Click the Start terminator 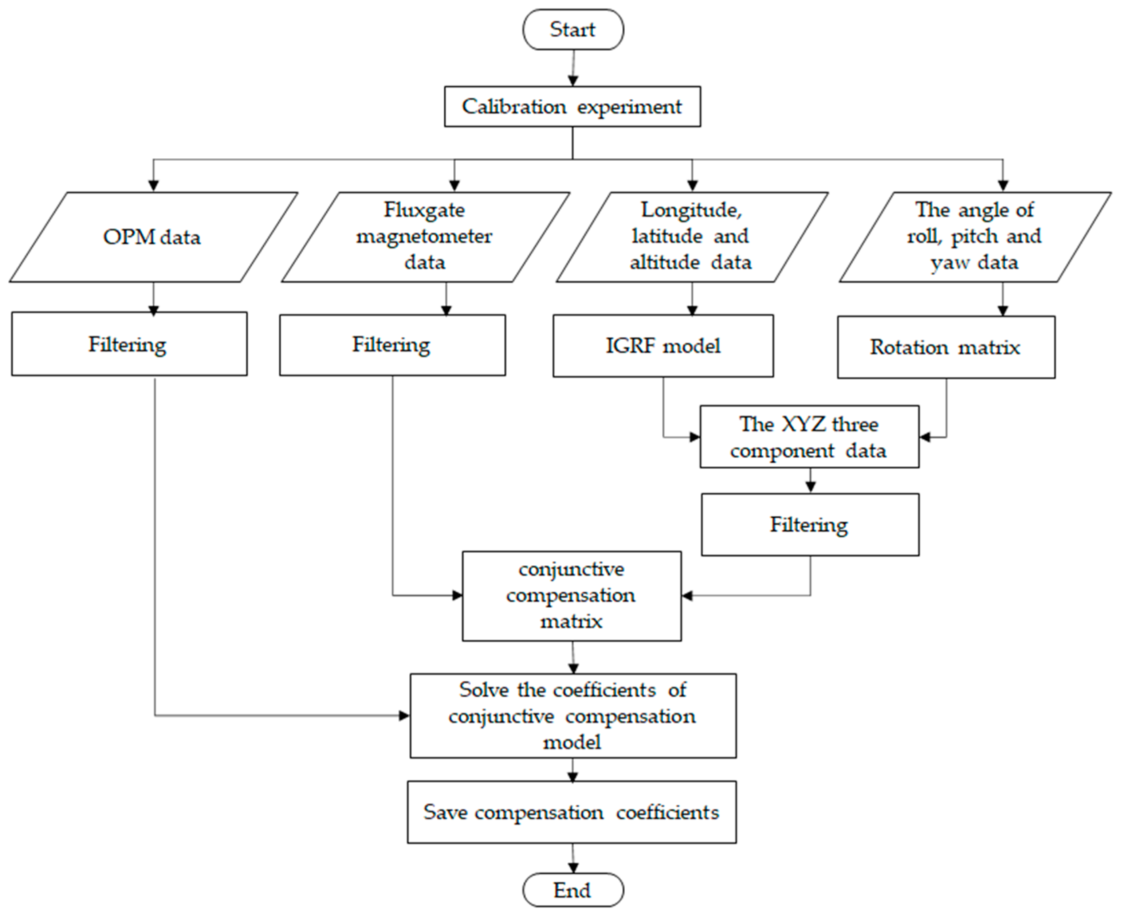[x=573, y=30]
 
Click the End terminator [x=573, y=890]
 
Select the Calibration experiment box [x=572, y=106]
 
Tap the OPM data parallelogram [x=153, y=237]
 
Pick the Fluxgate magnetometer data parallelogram [x=425, y=237]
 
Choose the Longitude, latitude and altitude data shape [x=692, y=237]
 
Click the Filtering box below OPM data [x=129, y=344]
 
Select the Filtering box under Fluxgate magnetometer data [x=392, y=345]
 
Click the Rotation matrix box [x=946, y=347]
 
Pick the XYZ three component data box [x=809, y=437]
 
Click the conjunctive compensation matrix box [x=572, y=596]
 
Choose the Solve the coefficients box [x=573, y=716]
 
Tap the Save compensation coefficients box [x=572, y=812]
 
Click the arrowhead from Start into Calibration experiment [x=573, y=81]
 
